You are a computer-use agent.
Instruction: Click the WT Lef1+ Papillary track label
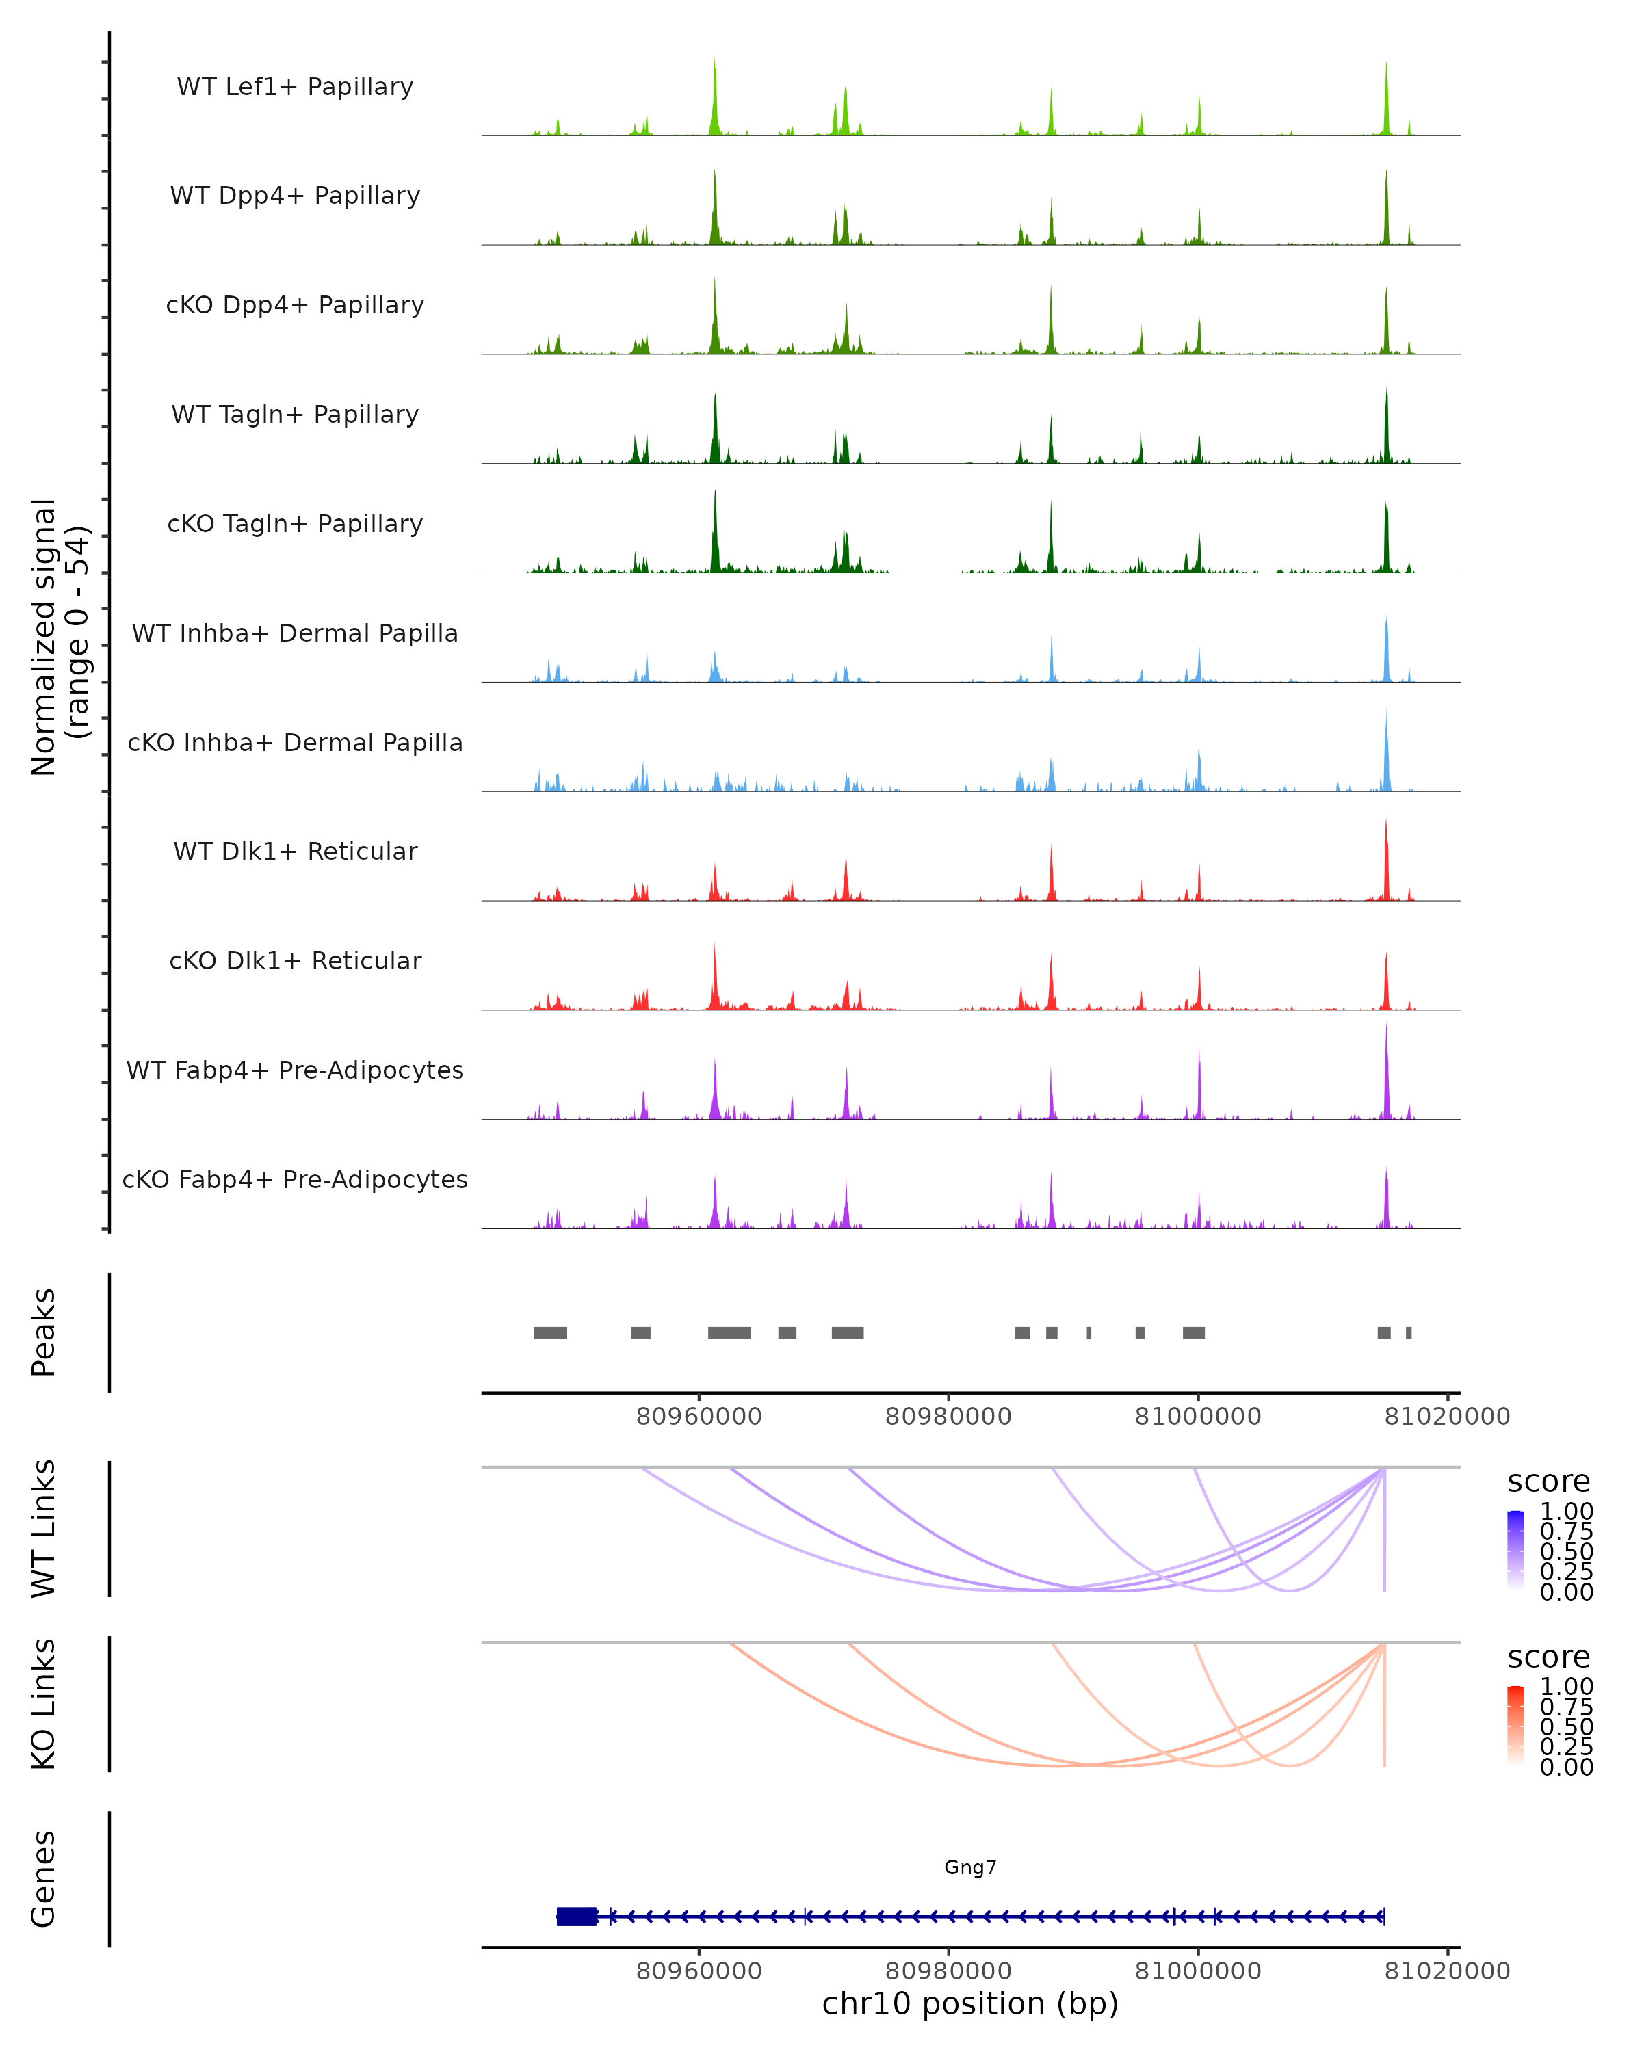pos(295,87)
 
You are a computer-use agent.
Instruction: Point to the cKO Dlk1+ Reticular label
pos(295,960)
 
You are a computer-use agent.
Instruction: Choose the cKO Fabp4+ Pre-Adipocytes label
pos(295,1179)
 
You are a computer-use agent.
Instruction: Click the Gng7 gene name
pos(970,1867)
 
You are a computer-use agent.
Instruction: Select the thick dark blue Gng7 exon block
pos(577,1916)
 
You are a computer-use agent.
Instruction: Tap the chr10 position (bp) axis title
pos(970,2003)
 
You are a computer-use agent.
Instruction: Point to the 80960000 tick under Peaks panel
pos(699,1417)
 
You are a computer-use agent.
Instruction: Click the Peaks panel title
pos(44,1332)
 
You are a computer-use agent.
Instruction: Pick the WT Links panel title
pos(44,1529)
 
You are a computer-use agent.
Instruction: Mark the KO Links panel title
pos(44,1704)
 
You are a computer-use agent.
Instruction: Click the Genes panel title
pos(44,1879)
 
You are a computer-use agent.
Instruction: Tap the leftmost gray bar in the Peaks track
pos(550,1332)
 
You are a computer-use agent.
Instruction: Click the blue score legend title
pos(1549,1482)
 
